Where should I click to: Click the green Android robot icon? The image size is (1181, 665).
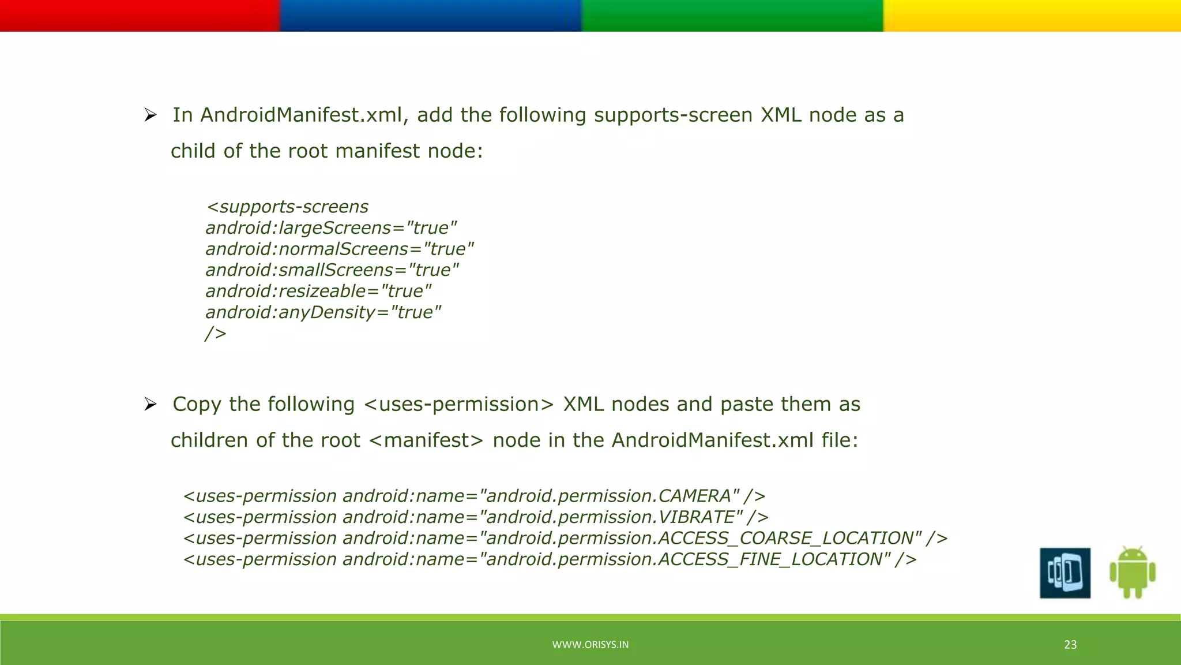pyautogui.click(x=1132, y=573)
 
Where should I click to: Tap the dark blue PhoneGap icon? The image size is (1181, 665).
pyautogui.click(x=1065, y=573)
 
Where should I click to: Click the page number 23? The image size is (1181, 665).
pyautogui.click(x=1070, y=645)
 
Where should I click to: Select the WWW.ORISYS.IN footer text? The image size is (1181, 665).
pyautogui.click(x=590, y=645)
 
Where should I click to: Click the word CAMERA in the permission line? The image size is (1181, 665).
pyautogui.click(x=695, y=496)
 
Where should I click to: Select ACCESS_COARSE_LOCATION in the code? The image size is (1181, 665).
pyautogui.click(x=785, y=538)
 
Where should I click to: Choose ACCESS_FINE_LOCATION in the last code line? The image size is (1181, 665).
pyautogui.click(x=770, y=559)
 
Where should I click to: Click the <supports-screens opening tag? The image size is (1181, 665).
pyautogui.click(x=287, y=207)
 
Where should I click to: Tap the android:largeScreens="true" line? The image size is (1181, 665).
pyautogui.click(x=331, y=228)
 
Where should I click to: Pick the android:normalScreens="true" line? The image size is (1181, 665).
pyautogui.click(x=340, y=249)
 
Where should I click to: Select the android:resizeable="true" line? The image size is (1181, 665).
pyautogui.click(x=318, y=291)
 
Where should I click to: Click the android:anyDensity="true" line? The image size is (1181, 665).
pyautogui.click(x=323, y=312)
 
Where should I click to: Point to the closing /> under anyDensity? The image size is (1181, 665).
pyautogui.click(x=216, y=334)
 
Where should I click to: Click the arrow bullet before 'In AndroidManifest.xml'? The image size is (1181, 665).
pyautogui.click(x=151, y=115)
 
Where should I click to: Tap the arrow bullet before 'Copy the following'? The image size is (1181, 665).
pyautogui.click(x=151, y=405)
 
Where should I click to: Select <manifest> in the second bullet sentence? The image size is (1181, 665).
pyautogui.click(x=426, y=440)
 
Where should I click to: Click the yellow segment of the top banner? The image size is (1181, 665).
pyautogui.click(x=1032, y=16)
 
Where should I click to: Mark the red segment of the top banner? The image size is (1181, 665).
pyautogui.click(x=140, y=16)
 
